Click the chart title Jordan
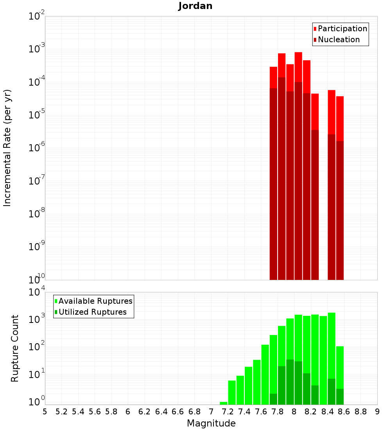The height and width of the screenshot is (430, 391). click(x=195, y=6)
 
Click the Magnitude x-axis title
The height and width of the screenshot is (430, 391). click(x=211, y=423)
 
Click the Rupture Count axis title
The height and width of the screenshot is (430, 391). click(x=15, y=348)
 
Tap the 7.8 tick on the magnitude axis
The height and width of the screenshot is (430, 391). click(x=278, y=412)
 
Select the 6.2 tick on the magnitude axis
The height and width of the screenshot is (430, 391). click(x=145, y=412)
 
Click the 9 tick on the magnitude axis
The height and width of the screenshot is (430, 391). click(x=377, y=412)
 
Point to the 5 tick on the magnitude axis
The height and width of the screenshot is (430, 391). click(x=45, y=412)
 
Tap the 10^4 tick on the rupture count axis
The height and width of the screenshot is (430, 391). click(x=38, y=292)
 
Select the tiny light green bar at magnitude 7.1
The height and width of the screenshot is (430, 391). click(x=223, y=403)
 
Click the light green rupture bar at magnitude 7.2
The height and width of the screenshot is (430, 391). click(x=232, y=392)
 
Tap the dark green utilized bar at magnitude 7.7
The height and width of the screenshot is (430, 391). click(x=273, y=399)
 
